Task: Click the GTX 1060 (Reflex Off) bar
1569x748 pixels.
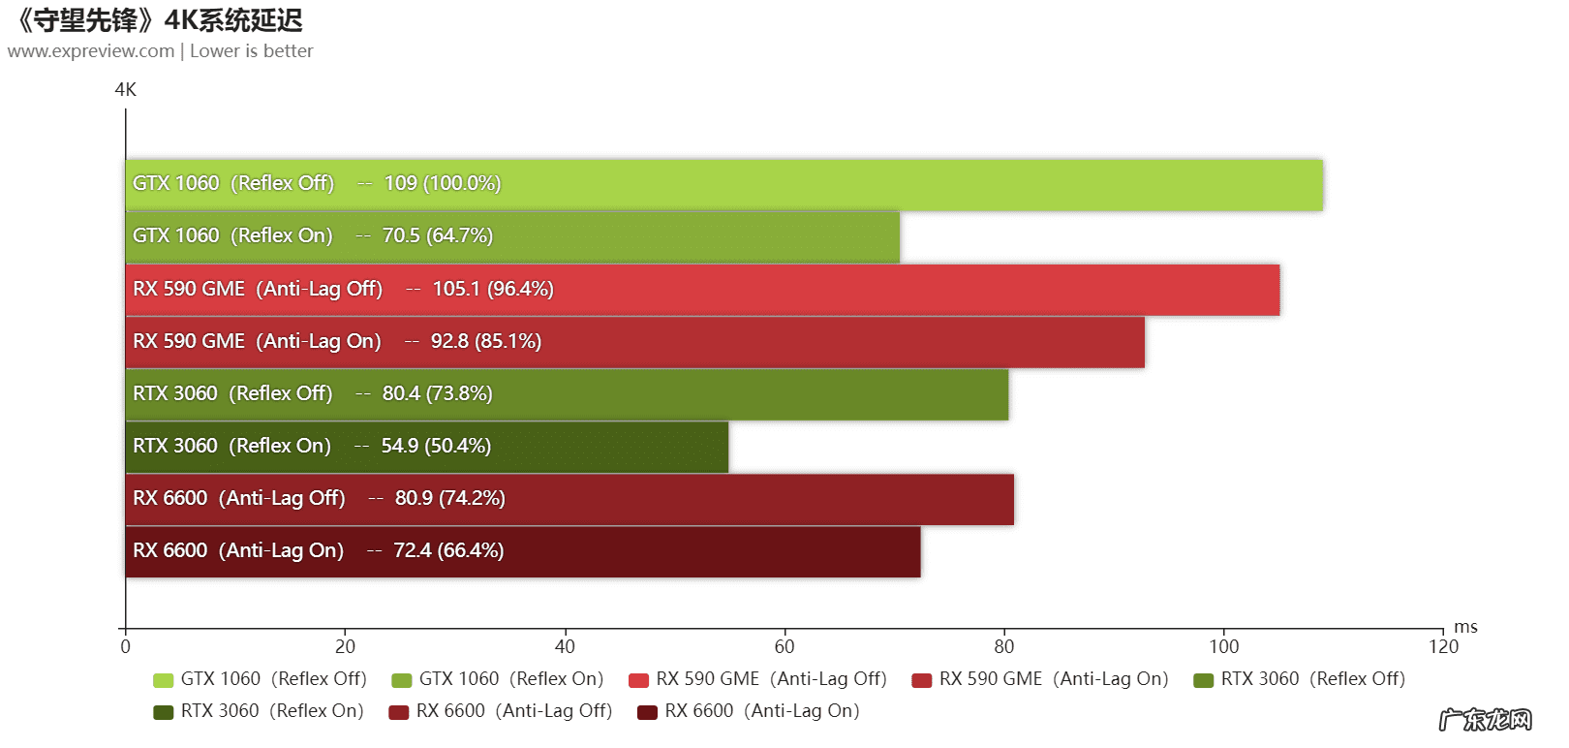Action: point(723,185)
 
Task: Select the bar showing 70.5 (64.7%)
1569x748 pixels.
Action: point(512,237)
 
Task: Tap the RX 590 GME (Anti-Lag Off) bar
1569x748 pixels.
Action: point(702,290)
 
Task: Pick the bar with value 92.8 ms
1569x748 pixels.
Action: point(634,342)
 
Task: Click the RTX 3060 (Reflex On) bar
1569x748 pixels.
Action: point(426,447)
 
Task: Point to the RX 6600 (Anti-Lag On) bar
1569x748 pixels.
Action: point(523,551)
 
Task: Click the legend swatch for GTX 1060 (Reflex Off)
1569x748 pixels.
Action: point(163,680)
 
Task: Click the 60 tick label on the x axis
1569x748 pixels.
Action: point(784,646)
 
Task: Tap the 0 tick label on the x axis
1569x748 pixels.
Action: point(125,646)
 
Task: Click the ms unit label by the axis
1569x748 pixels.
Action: point(1465,627)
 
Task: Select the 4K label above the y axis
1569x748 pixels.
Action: point(125,90)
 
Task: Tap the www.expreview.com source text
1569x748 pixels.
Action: point(91,51)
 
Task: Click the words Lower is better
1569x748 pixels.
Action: point(252,51)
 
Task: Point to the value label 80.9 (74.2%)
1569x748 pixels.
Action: point(449,499)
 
